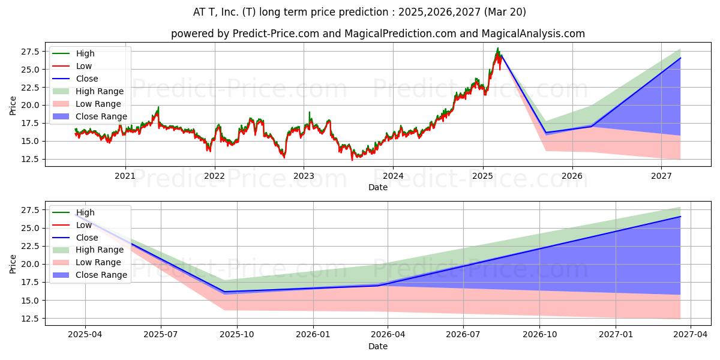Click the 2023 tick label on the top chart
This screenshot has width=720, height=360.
tap(304, 176)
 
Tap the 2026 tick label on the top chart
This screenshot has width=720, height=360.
tap(572, 176)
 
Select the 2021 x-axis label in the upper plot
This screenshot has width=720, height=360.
tap(125, 176)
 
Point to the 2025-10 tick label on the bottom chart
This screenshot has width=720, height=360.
tap(237, 335)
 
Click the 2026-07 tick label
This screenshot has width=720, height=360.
tap(463, 335)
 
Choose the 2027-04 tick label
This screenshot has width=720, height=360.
tap(691, 335)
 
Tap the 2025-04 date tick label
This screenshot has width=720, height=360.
tap(85, 335)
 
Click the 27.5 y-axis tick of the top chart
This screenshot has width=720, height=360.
tap(30, 52)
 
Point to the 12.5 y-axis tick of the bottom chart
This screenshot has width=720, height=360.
tap(30, 319)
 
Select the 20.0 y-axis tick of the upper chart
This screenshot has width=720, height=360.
tap(30, 106)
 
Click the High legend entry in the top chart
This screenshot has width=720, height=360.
tap(74, 53)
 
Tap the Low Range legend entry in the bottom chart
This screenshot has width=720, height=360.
tap(87, 262)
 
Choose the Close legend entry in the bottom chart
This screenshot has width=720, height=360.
tap(75, 238)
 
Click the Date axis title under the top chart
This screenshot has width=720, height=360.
tap(378, 187)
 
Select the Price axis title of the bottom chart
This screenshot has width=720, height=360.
tap(13, 264)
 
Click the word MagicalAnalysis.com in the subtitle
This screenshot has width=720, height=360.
tap(533, 34)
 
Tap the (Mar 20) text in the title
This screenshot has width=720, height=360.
tap(505, 12)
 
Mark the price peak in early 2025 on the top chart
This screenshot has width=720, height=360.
tap(498, 48)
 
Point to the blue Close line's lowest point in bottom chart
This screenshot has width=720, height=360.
tap(224, 292)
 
